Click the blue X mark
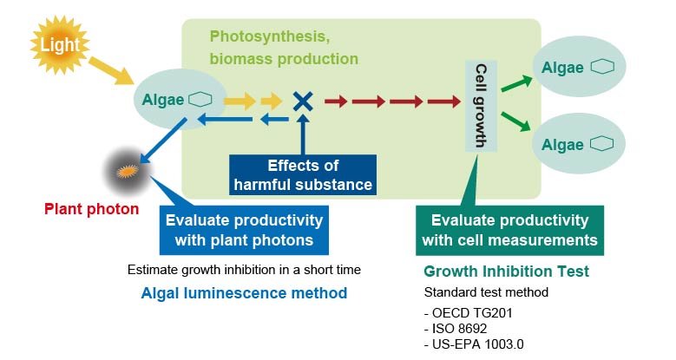[x=302, y=101]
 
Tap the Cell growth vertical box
[x=481, y=106]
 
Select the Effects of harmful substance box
[x=303, y=174]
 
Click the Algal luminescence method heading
[x=244, y=293]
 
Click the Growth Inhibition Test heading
[x=506, y=272]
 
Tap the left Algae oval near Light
[x=181, y=99]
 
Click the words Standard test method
[x=486, y=292]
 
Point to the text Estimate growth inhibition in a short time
[x=244, y=269]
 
